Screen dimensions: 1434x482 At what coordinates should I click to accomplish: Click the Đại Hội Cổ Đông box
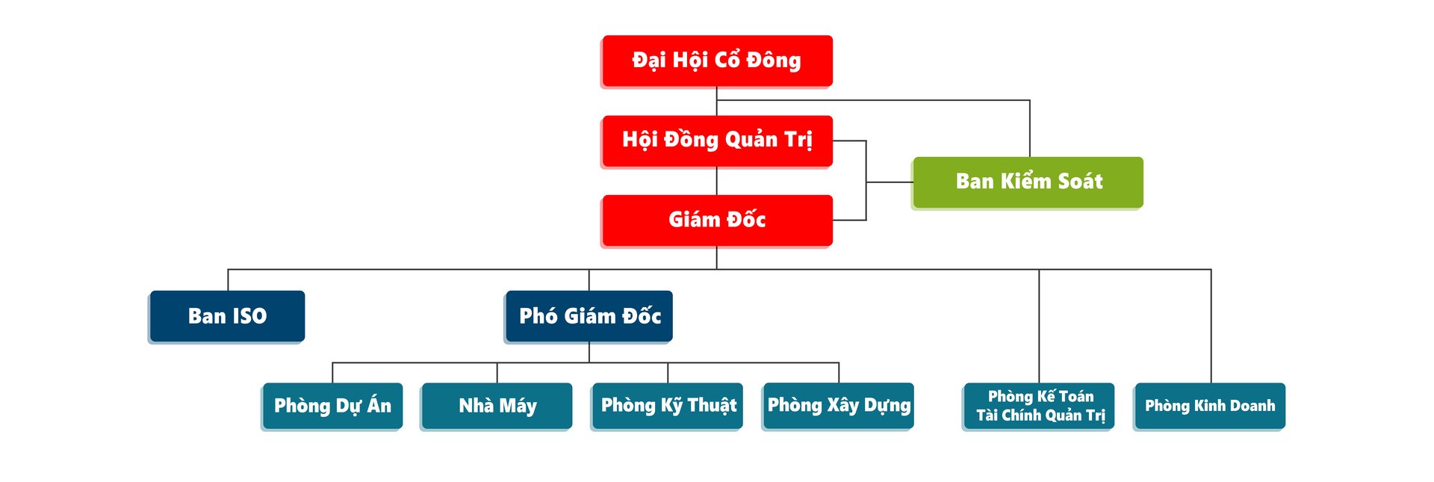[x=717, y=61]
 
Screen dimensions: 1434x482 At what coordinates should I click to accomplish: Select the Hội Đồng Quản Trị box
[x=717, y=140]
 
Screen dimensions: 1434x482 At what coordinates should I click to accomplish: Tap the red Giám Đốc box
[x=717, y=220]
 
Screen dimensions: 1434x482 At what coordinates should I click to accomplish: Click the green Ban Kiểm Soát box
[x=1028, y=182]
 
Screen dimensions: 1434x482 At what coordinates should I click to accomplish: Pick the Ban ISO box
[x=227, y=316]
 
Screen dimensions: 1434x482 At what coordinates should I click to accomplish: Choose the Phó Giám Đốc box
[x=589, y=316]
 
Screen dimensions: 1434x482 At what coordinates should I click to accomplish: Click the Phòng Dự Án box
[x=332, y=406]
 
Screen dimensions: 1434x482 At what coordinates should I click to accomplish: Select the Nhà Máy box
[x=497, y=406]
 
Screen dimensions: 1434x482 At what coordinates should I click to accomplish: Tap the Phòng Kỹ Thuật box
[x=668, y=406]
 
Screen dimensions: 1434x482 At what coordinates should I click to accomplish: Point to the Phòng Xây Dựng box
[x=839, y=406]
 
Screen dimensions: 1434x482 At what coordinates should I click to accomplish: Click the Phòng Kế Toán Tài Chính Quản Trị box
[x=1039, y=406]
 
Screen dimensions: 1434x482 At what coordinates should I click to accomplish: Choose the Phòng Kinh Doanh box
[x=1210, y=406]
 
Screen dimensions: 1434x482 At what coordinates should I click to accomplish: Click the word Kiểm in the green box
[x=1025, y=180]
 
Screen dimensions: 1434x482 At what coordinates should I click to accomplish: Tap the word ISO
[x=249, y=316]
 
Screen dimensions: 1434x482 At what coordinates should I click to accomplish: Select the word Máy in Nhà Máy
[x=518, y=406]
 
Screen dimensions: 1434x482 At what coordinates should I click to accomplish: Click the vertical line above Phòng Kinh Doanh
[x=1211, y=327]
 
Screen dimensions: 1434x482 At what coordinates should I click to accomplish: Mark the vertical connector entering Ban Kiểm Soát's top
[x=1030, y=129]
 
